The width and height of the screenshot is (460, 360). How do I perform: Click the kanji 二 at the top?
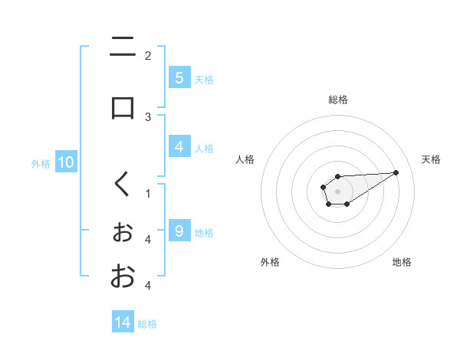point(123,48)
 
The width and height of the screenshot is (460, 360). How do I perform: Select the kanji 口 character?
point(123,107)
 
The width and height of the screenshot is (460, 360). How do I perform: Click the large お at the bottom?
point(123,277)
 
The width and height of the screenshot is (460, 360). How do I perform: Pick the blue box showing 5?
point(179,78)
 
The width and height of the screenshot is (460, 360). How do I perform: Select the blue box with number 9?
point(179,231)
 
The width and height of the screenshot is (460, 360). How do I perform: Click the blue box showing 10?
point(66,162)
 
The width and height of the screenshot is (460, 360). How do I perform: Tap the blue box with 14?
point(123,322)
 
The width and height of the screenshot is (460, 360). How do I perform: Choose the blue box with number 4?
point(179,147)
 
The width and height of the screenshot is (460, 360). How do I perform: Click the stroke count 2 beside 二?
point(148,55)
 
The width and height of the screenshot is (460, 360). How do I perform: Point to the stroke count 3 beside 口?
point(148,116)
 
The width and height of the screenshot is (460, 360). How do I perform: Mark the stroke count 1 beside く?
point(148,193)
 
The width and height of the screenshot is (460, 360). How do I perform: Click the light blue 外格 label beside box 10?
point(40,163)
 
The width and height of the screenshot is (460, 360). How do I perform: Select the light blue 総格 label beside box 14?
point(147,323)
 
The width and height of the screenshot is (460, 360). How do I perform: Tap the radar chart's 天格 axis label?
point(432,159)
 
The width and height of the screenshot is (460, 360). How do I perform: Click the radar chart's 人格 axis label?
point(245,159)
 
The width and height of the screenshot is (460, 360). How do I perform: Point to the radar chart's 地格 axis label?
point(402,262)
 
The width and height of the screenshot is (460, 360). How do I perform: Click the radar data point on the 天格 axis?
point(396,172)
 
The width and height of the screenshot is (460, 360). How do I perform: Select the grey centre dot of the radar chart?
point(337,191)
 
